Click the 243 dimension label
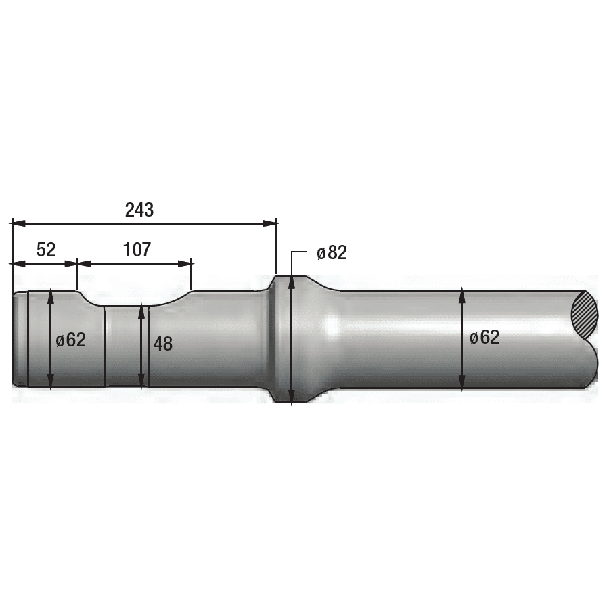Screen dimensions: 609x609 click(x=139, y=210)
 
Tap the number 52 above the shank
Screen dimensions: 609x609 click(x=46, y=250)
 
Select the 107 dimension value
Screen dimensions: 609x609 click(x=137, y=250)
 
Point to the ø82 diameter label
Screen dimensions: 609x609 click(x=332, y=252)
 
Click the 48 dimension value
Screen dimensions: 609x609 click(x=163, y=344)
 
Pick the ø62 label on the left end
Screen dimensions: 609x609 click(x=70, y=340)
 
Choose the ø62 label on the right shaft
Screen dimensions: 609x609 click(x=484, y=337)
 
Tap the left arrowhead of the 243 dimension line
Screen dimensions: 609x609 click(x=19, y=223)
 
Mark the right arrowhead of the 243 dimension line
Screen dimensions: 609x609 click(x=269, y=223)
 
